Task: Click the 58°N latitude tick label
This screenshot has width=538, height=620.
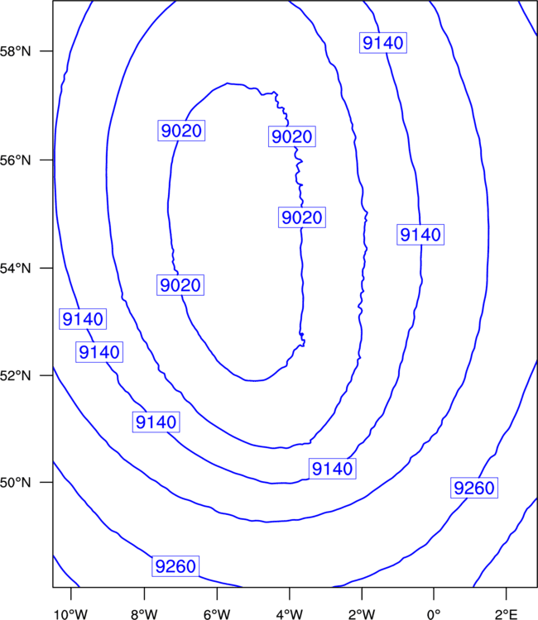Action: tap(15, 51)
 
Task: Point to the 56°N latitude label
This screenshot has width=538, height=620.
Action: tap(15, 160)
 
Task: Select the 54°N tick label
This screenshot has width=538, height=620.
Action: tap(15, 269)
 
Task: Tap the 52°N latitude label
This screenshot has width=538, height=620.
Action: tap(15, 375)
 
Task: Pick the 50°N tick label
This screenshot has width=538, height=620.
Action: tap(15, 483)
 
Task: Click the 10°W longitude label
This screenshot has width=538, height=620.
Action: tap(70, 614)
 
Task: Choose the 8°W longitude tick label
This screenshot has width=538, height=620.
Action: tap(144, 614)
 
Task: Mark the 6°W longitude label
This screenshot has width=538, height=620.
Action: tap(217, 614)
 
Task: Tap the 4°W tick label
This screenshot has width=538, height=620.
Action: tap(290, 614)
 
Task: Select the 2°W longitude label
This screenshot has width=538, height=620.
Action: tap(362, 614)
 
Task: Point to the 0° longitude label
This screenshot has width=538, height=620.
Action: tap(434, 614)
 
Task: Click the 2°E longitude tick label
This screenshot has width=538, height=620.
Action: tap(506, 614)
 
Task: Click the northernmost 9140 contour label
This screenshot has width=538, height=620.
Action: tap(383, 43)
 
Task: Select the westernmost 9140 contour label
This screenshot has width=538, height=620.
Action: tap(83, 319)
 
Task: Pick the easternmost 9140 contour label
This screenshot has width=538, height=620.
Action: tap(420, 235)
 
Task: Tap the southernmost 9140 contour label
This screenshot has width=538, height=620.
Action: tap(332, 469)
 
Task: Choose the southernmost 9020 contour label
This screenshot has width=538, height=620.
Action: tap(180, 285)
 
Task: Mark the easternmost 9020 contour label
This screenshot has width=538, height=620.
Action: tap(302, 217)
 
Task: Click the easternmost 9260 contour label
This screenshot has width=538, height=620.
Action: tap(474, 488)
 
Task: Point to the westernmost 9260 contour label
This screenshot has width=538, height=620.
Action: tap(175, 566)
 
